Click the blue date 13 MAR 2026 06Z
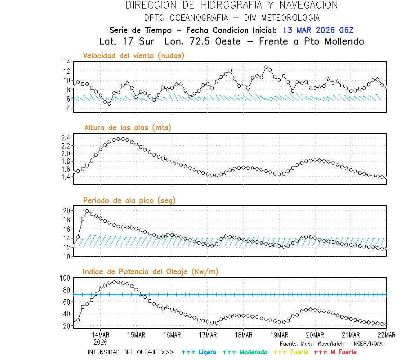click(x=318, y=30)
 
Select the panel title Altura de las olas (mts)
click(x=128, y=128)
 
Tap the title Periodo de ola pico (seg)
click(x=129, y=200)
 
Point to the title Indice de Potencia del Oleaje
click(x=150, y=271)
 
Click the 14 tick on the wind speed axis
click(x=66, y=62)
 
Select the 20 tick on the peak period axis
click(x=66, y=211)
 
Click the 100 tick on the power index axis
click(x=65, y=278)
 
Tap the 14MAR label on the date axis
click(x=100, y=335)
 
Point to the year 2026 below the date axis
click(x=100, y=342)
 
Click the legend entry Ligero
click(x=199, y=352)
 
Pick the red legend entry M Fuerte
click(x=336, y=352)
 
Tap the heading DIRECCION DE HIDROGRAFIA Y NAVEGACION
click(x=232, y=5)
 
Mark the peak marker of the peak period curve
click(x=87, y=211)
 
